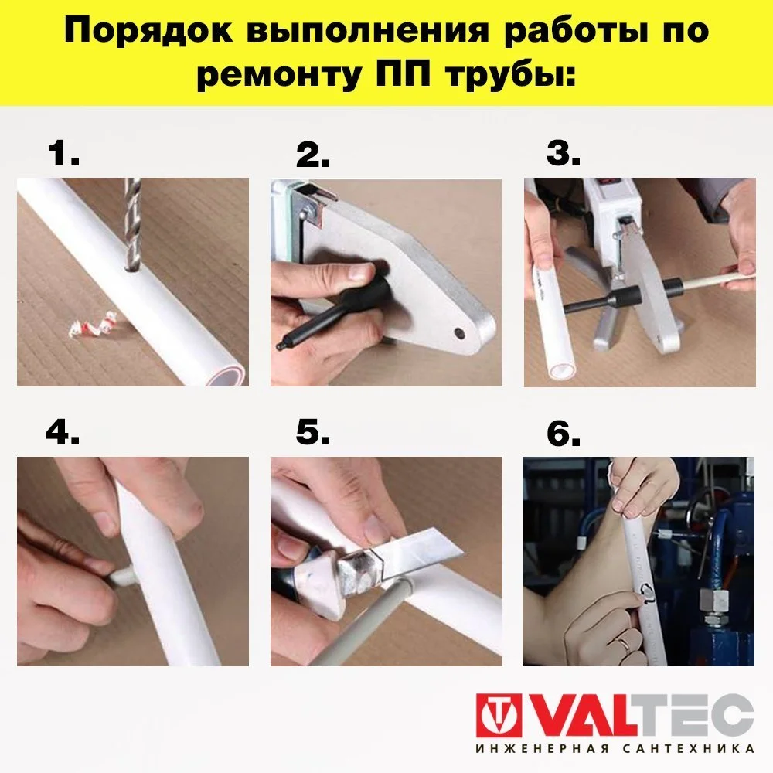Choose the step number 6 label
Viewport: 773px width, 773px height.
(x=564, y=434)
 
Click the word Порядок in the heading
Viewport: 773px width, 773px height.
(x=148, y=32)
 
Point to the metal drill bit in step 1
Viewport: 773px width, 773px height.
(x=133, y=225)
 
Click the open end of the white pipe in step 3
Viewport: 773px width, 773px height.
(x=560, y=370)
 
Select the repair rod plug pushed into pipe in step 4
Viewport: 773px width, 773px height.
(x=121, y=576)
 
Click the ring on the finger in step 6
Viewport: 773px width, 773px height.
(x=624, y=642)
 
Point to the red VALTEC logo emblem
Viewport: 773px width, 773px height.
(x=499, y=715)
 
